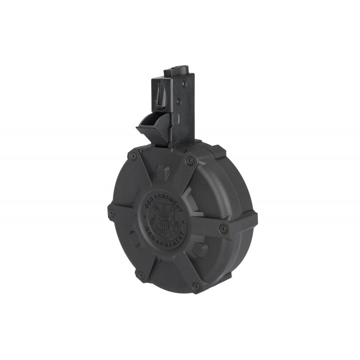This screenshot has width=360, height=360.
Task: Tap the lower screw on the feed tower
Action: tap(179, 102)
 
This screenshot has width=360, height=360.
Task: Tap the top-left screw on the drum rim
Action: tap(133, 156)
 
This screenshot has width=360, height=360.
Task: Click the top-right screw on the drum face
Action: tap(190, 160)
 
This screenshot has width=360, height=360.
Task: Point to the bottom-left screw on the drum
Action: tap(141, 273)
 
